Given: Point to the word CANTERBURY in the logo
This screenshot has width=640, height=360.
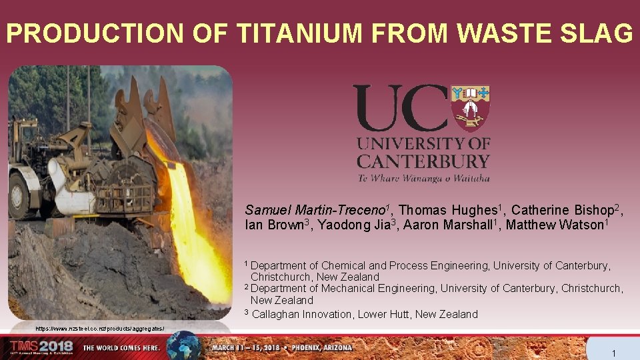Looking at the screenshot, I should coord(423,161).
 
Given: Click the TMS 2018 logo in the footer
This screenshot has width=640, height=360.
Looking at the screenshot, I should coord(41,347).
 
